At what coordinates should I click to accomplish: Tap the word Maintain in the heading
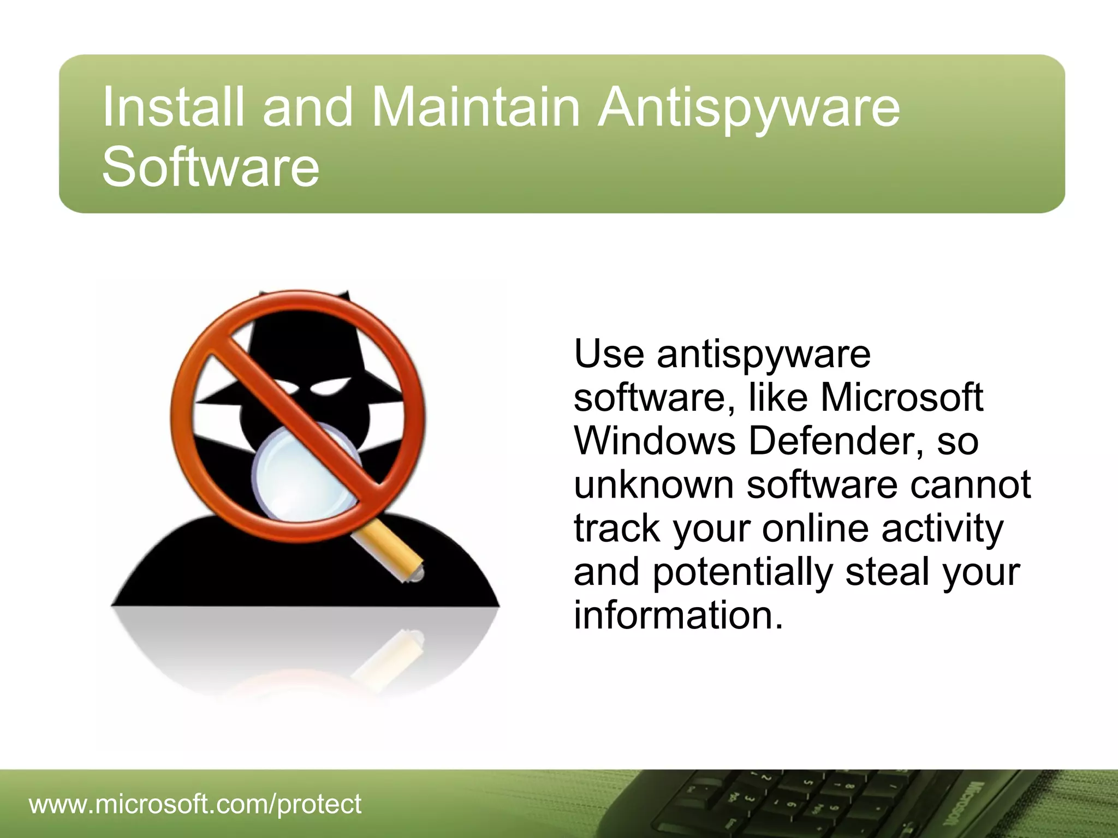(x=475, y=107)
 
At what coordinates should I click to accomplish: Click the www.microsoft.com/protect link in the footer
(x=195, y=804)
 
